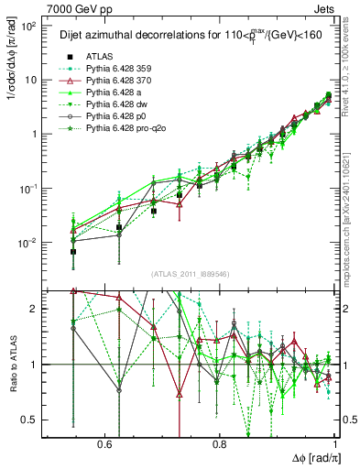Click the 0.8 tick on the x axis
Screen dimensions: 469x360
click(220, 443)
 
